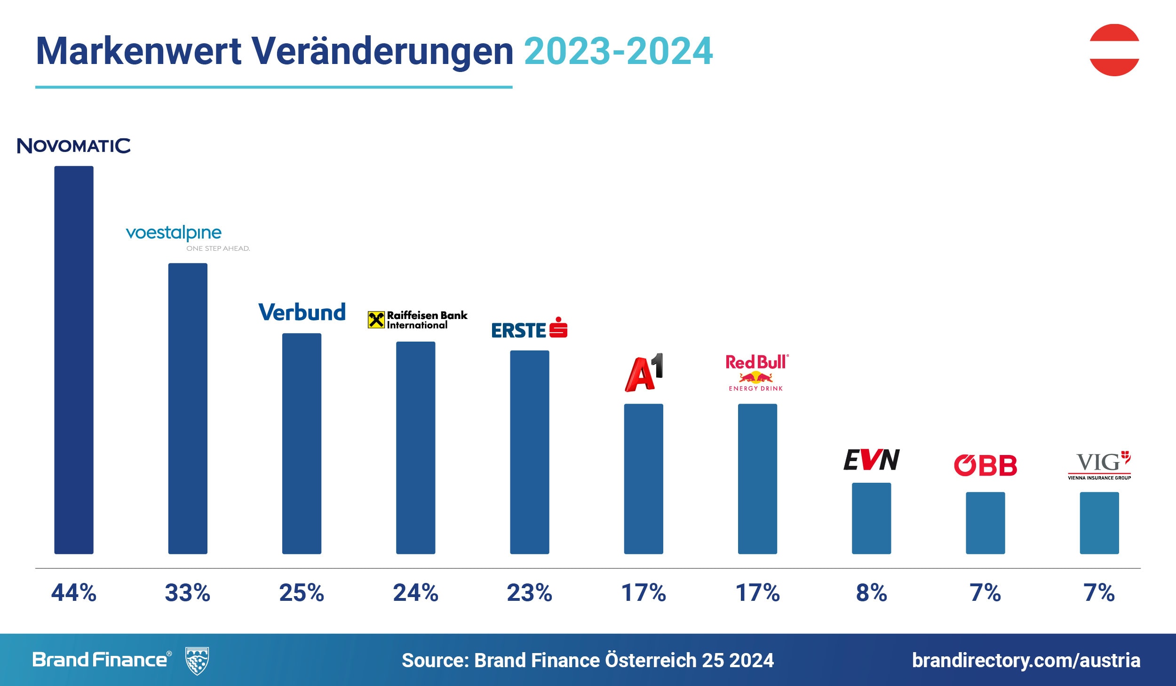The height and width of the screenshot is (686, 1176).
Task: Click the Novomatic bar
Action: point(74,360)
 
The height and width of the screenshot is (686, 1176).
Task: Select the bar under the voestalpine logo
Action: point(188,408)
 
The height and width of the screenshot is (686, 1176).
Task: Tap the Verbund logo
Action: point(302,312)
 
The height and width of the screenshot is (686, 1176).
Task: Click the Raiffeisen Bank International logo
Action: point(418,320)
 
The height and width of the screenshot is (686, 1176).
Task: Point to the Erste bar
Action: point(530,452)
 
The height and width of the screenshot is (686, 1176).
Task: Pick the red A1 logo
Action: point(644,373)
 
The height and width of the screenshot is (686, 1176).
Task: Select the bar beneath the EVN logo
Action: point(871,518)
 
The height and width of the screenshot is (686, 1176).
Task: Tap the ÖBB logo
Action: point(985,465)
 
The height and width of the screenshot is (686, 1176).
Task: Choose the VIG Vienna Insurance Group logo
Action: point(1099,465)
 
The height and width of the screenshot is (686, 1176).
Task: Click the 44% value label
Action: point(74,593)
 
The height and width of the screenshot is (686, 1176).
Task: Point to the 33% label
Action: point(188,593)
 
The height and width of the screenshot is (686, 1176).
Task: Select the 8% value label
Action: point(871,593)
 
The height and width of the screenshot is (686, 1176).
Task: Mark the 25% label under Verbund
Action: point(302,593)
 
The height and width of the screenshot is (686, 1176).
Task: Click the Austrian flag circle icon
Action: point(1114,50)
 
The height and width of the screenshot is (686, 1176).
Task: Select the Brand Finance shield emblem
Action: point(197,661)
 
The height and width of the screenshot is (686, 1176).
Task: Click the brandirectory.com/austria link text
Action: point(1026,660)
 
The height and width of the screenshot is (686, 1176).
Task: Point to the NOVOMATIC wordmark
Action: point(74,146)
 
